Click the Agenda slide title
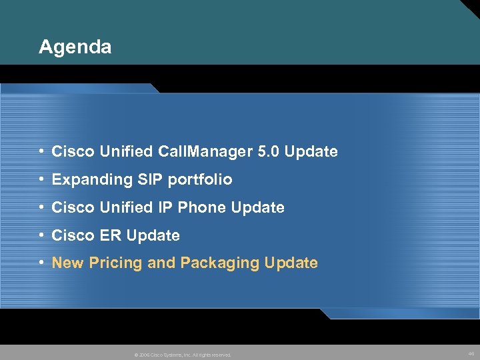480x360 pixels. [75, 47]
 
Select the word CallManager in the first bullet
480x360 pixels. [206, 152]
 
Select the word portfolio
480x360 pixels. [201, 180]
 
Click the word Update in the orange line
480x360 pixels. [291, 263]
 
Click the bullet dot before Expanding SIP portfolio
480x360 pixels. [42, 180]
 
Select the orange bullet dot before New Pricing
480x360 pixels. [42, 263]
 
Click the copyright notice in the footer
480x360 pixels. [183, 355]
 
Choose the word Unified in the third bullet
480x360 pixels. [128, 208]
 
